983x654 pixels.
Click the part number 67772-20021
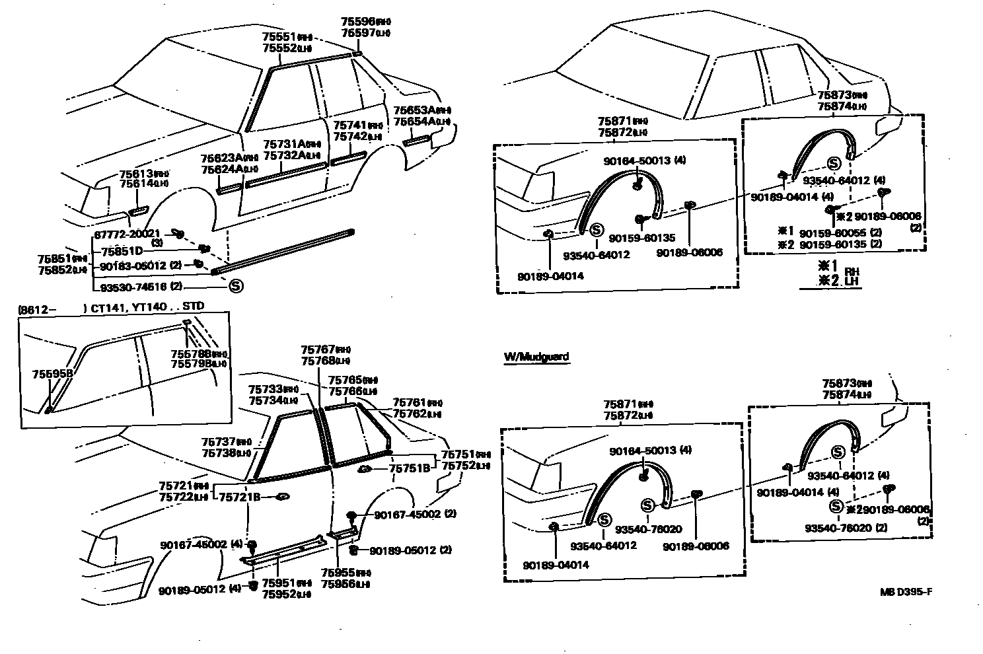tap(127, 234)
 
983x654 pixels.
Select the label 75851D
tap(122, 251)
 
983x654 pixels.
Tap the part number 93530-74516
tap(129, 287)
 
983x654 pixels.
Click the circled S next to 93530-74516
tap(236, 287)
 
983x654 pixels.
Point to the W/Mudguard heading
tap(536, 357)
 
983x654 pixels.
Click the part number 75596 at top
tap(357, 21)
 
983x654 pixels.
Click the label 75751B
tap(410, 468)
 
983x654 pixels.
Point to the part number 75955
tap(338, 572)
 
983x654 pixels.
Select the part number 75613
tap(135, 174)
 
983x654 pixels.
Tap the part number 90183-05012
tap(132, 266)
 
